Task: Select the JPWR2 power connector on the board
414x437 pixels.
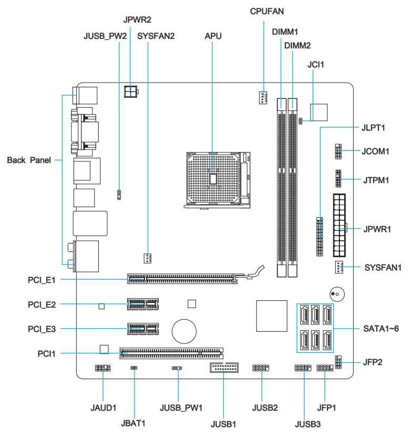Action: click(130, 92)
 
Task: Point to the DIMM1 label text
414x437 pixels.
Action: click(285, 32)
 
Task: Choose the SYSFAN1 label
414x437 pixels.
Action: click(383, 268)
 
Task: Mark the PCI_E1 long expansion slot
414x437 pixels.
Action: click(182, 278)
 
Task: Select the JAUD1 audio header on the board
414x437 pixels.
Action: click(102, 368)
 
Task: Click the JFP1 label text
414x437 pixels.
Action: click(326, 408)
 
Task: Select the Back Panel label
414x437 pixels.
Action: click(29, 160)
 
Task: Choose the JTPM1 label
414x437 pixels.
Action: click(376, 180)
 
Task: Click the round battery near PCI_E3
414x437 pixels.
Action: click(185, 330)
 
